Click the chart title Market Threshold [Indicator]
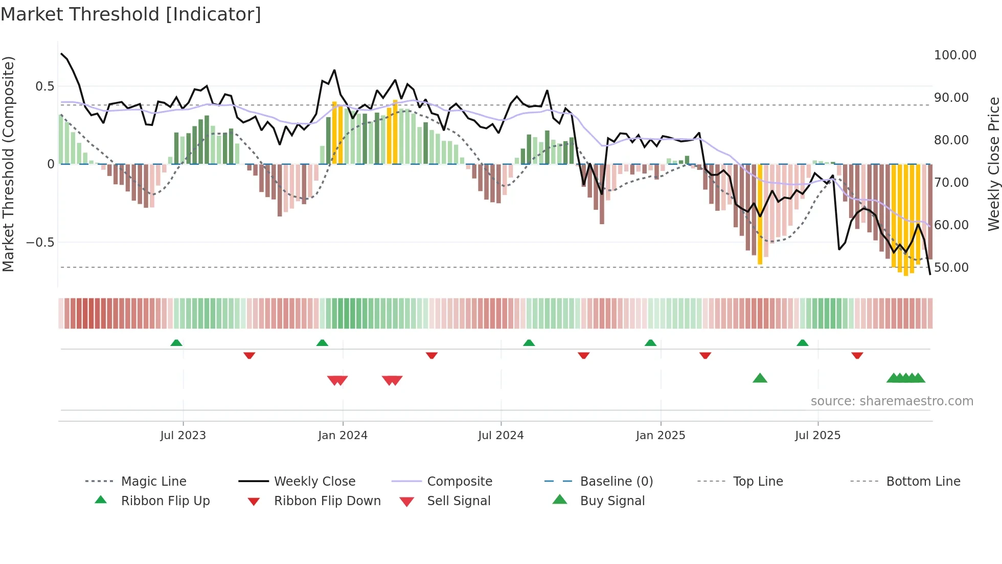[131, 14]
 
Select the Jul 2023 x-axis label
[183, 436]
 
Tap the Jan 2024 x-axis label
[343, 436]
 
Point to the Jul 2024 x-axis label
[501, 436]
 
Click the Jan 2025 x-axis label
[661, 436]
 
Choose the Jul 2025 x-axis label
[818, 436]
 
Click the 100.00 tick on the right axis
[955, 55]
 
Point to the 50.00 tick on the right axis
[951, 268]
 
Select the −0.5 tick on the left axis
[40, 243]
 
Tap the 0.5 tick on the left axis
[44, 86]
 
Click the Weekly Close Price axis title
[993, 164]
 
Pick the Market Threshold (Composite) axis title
[9, 164]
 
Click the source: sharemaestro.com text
[892, 401]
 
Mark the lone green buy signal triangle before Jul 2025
[760, 379]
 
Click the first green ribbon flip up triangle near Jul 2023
[176, 343]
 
